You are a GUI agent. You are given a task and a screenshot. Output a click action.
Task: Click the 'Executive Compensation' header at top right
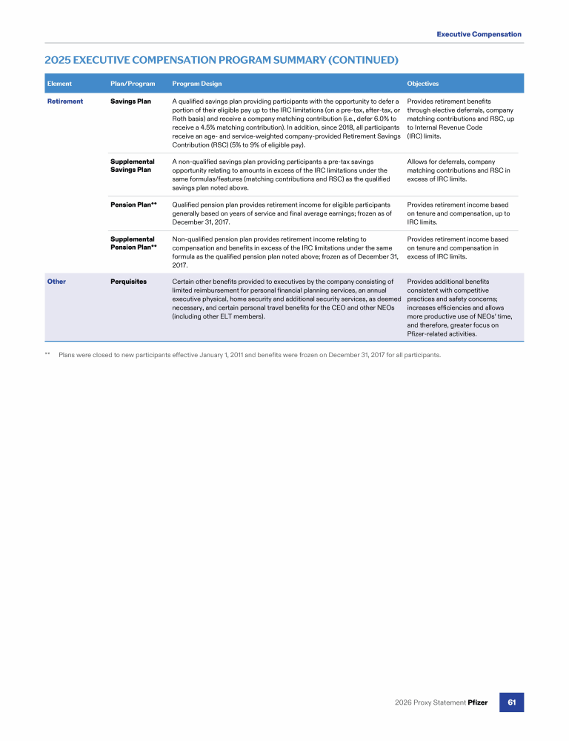[479, 34]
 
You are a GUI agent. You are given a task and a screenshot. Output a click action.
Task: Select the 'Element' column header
[59, 84]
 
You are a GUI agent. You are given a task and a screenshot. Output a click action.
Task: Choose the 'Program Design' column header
[196, 84]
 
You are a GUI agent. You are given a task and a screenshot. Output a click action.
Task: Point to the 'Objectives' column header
[423, 84]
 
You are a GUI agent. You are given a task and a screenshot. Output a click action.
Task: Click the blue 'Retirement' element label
[65, 101]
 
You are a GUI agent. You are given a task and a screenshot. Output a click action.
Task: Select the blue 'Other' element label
[56, 282]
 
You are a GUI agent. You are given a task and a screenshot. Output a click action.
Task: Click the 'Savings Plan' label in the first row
[130, 101]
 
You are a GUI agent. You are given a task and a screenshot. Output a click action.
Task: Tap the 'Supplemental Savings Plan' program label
[132, 165]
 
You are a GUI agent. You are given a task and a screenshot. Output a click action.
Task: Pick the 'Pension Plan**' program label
[133, 204]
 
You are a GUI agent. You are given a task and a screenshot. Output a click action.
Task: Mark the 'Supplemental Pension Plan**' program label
[133, 243]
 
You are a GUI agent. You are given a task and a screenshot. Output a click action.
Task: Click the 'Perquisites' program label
[128, 282]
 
